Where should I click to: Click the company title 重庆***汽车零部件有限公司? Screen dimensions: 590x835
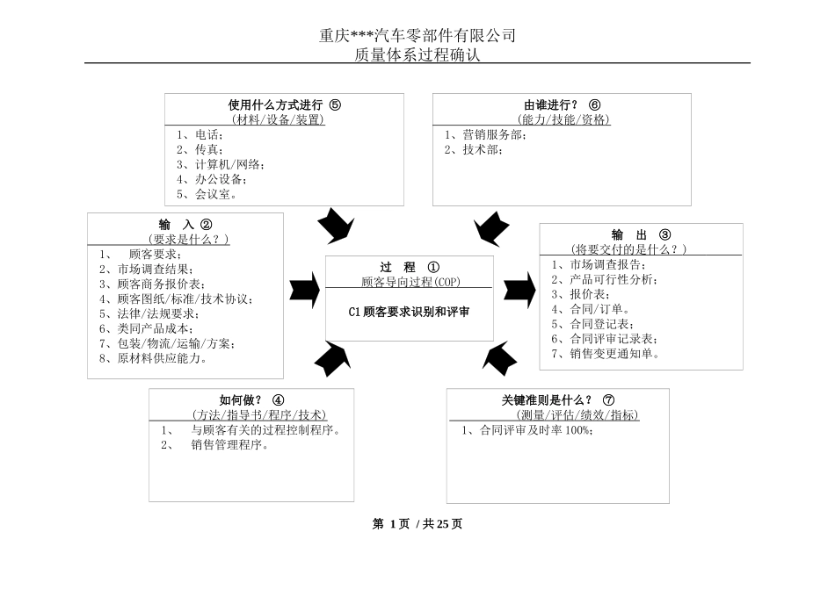417,36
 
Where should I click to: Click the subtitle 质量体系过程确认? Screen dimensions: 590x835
417,54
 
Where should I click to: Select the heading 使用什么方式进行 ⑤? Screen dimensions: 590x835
284,104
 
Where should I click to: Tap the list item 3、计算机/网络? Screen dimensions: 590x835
220,164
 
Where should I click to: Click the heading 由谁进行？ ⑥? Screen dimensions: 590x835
563,104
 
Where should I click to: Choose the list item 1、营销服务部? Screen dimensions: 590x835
486,134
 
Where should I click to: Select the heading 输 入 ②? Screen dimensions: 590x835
185,224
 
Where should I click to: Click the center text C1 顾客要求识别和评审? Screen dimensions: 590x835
410,311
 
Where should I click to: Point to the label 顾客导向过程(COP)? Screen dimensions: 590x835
410,282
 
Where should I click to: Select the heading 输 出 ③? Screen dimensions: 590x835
641,234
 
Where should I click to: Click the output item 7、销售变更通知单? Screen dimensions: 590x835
606,354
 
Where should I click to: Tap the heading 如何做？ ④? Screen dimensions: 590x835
251,399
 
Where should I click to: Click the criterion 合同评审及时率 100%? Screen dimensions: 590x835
527,430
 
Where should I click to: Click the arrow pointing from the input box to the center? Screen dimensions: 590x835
304,287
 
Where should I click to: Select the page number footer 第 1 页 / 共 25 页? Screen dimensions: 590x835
417,524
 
